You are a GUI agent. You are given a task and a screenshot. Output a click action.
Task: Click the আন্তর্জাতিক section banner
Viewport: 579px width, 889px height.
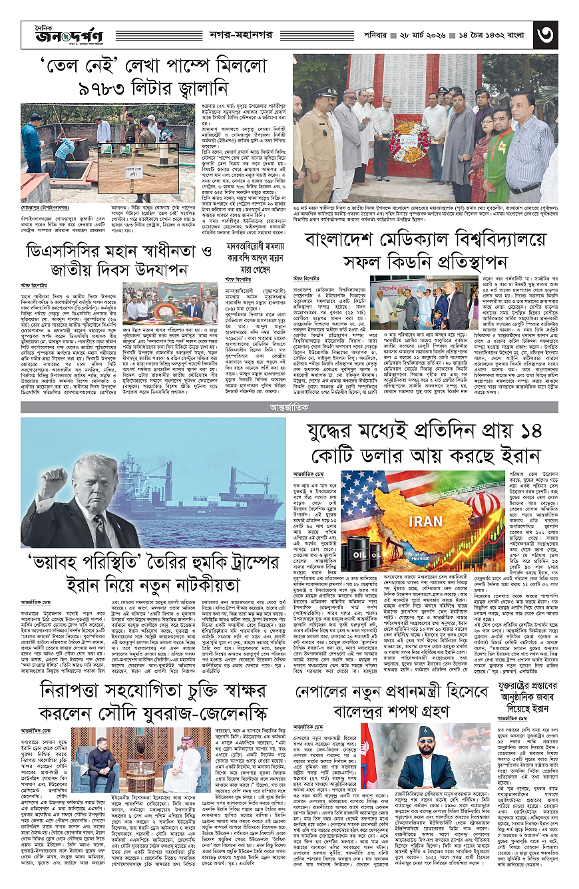(x=289, y=405)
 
